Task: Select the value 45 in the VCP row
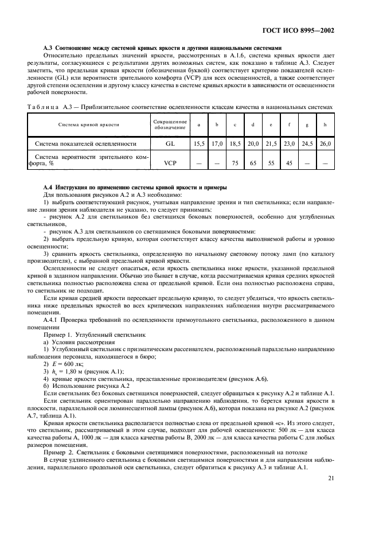(288, 162)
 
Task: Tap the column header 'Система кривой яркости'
(88, 124)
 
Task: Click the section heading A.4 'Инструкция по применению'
(135, 188)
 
